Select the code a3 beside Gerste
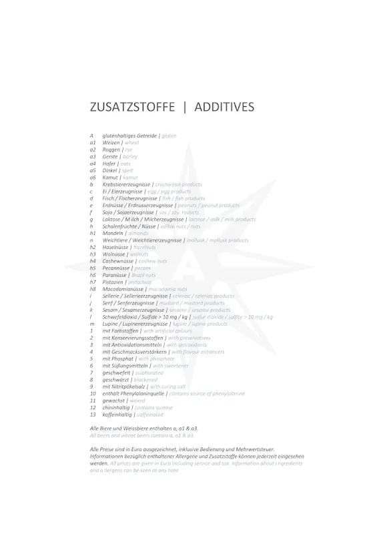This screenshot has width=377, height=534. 93,156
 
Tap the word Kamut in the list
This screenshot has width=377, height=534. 111,178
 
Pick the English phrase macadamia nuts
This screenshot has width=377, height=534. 163,289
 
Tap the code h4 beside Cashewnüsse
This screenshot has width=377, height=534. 93,261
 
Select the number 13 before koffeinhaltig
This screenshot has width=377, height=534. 93,415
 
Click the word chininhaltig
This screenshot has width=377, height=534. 116,407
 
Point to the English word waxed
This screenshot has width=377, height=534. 138,400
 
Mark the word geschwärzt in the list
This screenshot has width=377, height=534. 116,379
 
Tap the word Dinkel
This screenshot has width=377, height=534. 111,170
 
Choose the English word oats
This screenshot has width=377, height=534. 125,164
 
